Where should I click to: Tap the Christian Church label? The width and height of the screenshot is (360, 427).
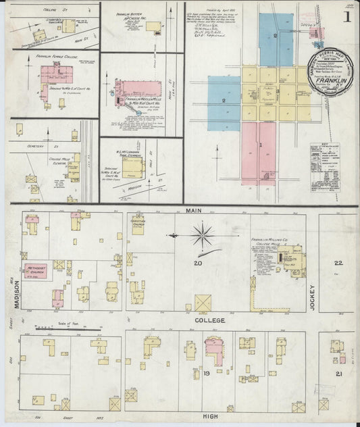click(138, 222)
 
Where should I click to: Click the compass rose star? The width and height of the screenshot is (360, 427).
click(201, 236)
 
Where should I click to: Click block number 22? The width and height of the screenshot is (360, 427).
click(338, 263)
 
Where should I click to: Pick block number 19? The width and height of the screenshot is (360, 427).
click(199, 372)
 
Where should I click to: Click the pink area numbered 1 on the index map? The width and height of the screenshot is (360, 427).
click(259, 146)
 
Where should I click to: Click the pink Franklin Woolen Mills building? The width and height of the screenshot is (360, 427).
click(139, 91)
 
